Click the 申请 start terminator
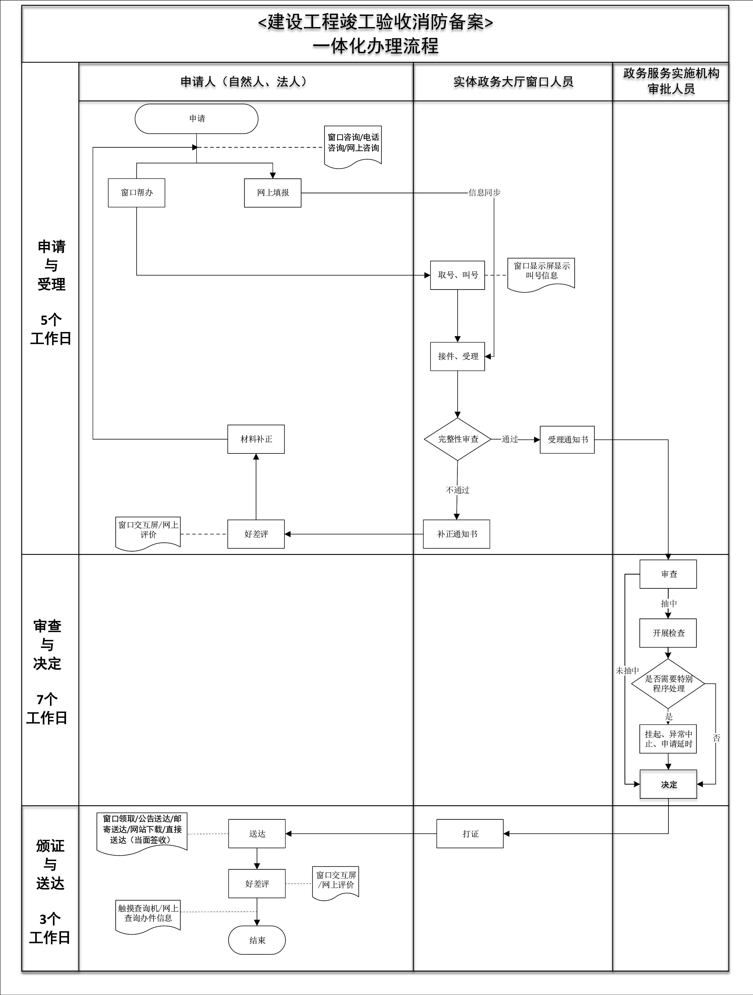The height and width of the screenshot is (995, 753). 197,119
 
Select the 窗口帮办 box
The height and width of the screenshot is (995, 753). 137,193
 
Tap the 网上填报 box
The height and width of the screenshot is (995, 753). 273,193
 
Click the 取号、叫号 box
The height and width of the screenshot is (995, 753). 458,275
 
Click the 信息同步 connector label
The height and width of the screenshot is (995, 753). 484,193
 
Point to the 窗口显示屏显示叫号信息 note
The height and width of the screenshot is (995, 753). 541,272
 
